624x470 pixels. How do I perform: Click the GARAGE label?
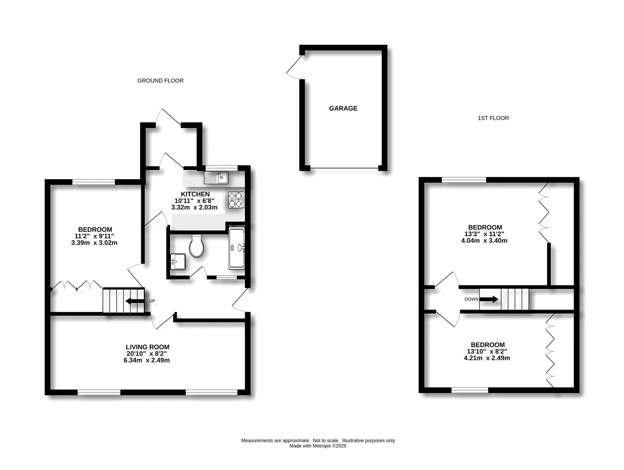[343, 108]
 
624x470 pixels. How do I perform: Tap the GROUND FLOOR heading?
[160, 80]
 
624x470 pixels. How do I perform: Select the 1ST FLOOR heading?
[493, 118]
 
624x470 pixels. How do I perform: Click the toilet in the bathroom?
[197, 246]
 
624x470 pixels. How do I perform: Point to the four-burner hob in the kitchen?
[236, 200]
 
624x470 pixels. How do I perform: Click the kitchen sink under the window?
[216, 178]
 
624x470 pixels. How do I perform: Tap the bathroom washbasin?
[178, 262]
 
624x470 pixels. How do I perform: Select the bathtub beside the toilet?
[237, 248]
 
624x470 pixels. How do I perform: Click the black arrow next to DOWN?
[489, 299]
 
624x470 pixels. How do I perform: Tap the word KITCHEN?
[195, 194]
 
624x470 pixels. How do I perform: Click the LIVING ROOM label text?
[147, 347]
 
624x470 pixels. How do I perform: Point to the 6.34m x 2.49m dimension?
[147, 360]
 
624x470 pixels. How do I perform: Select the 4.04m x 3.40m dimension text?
[484, 240]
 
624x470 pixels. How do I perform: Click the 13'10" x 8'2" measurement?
[487, 351]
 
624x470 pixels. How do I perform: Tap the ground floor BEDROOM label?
[95, 229]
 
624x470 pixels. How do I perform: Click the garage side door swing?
[294, 68]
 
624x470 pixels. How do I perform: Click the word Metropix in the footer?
[322, 446]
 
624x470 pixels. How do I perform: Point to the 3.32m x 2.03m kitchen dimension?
[195, 207]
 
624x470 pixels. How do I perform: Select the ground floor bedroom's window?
[94, 182]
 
